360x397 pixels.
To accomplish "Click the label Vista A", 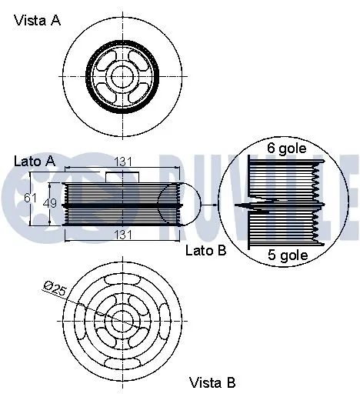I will (36, 22).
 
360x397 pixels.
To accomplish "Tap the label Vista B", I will (212, 382).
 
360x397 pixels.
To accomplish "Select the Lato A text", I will (35, 162).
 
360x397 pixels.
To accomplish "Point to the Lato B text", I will (205, 250).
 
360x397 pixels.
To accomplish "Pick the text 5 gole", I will (287, 255).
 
